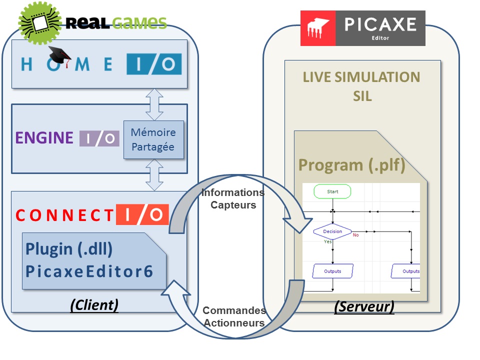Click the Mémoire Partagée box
coord(153,139)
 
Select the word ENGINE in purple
coord(44,138)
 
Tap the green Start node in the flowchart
coord(332,191)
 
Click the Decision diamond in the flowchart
coord(332,231)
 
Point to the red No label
coord(355,235)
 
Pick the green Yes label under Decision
coord(327,241)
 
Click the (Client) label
coord(94,305)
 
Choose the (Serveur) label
coord(364,306)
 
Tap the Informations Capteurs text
coord(233,198)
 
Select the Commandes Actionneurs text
coord(233,316)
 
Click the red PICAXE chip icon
coord(318,28)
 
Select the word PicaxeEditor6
coord(88,271)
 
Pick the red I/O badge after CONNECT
coord(142,214)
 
